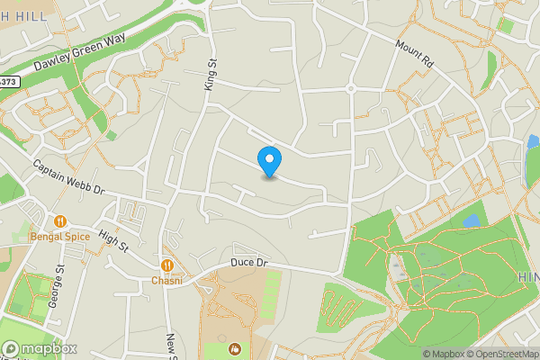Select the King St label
[212, 75]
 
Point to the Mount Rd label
[415, 53]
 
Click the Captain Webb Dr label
[69, 179]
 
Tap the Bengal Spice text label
[60, 237]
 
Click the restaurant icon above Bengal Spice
[60, 220]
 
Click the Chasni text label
[167, 281]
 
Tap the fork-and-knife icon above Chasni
[167, 265]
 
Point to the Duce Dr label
[249, 262]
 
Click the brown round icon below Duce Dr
[235, 348]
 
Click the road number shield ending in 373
[8, 82]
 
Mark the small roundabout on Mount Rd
[350, 88]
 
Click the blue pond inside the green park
[471, 220]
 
